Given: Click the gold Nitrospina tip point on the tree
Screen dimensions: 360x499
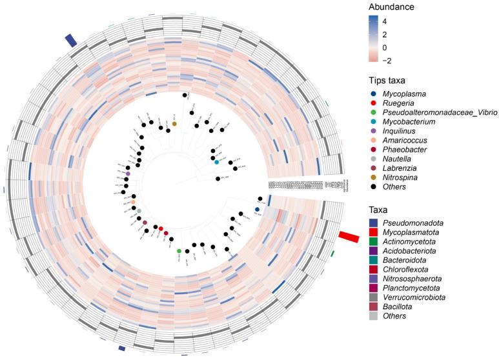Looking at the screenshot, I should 174,124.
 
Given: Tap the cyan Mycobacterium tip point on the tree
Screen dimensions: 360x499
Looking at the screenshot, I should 218,162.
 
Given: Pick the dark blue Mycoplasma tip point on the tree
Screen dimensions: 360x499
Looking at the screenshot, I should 257,210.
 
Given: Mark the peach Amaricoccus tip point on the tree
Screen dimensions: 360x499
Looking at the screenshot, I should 133,203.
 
